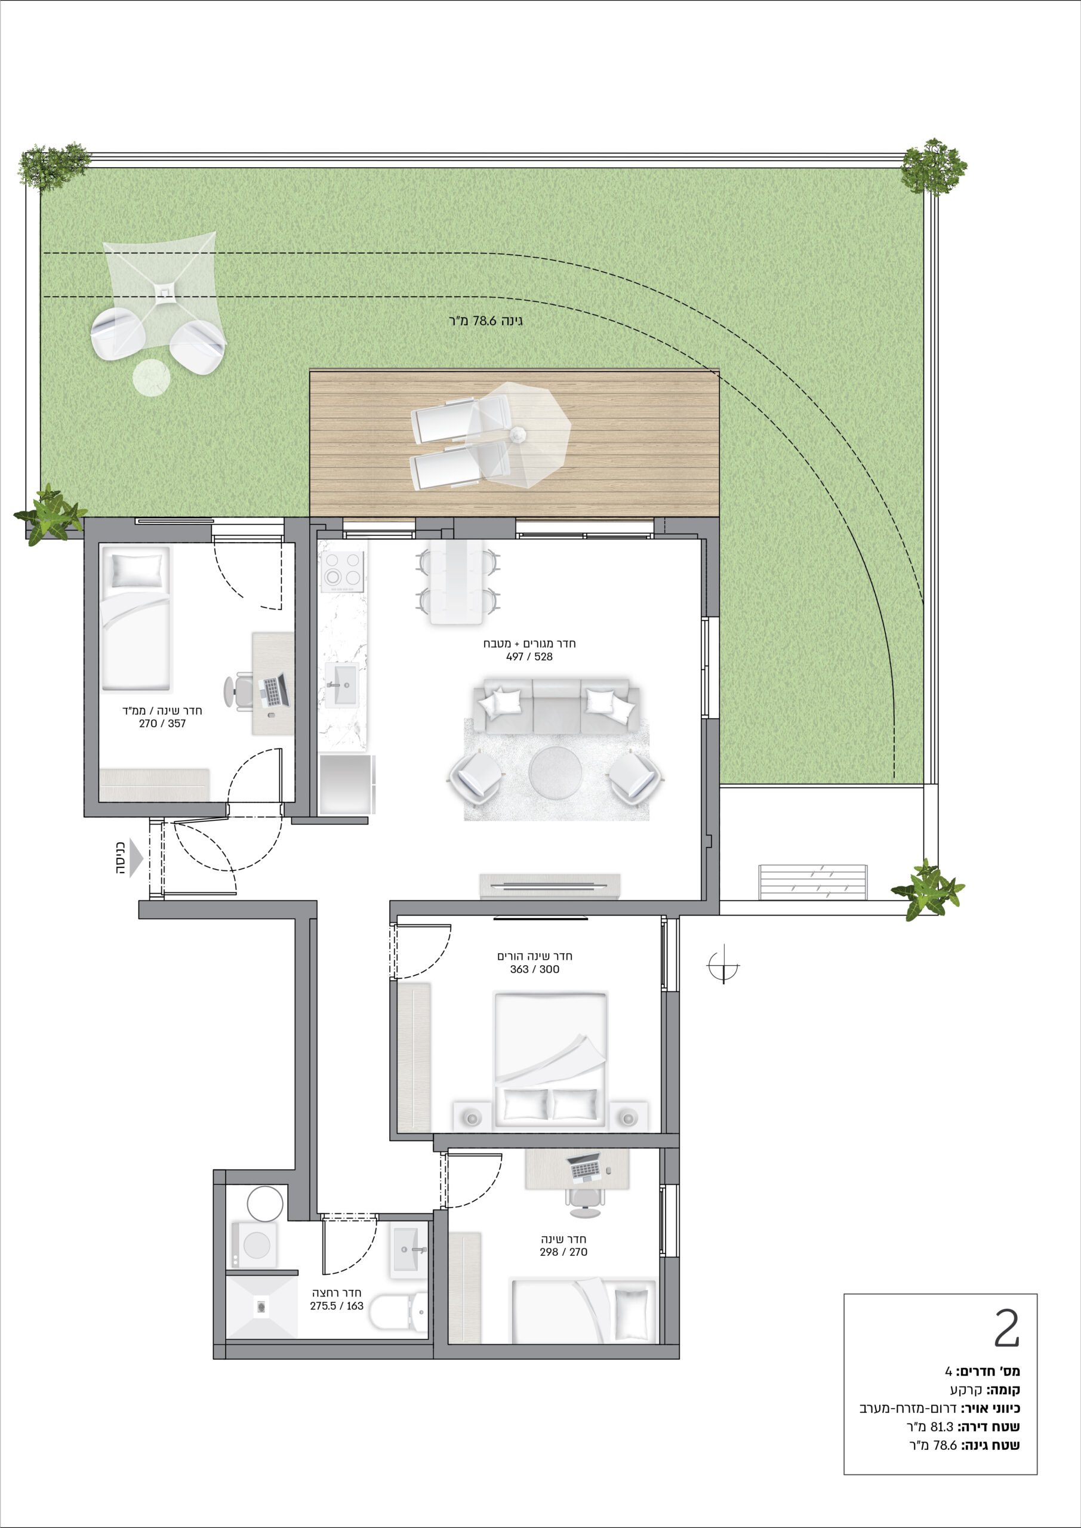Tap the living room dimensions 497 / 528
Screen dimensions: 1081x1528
point(529,656)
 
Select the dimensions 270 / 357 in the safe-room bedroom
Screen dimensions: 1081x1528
point(162,723)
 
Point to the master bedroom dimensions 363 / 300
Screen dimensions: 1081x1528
point(534,969)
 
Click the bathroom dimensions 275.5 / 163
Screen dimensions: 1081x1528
point(337,1306)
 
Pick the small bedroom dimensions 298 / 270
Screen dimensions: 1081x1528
point(563,1252)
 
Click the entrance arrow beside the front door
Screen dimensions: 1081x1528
point(137,858)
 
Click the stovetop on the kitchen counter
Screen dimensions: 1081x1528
point(342,571)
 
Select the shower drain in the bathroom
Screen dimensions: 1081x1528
point(261,1307)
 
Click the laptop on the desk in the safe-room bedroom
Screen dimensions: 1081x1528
point(273,691)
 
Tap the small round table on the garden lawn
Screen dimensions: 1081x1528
point(151,377)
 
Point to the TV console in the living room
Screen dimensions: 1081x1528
point(550,886)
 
